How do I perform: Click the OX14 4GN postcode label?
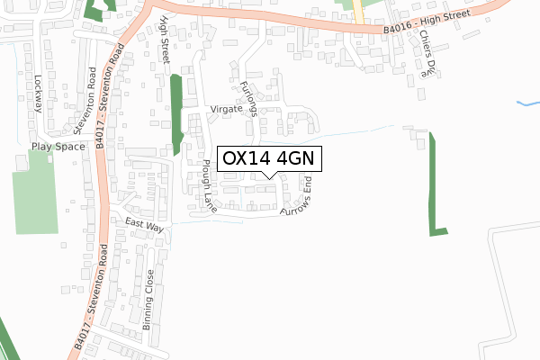(268, 157)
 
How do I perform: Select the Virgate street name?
(227, 108)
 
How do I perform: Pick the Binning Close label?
(148, 300)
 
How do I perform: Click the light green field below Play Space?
(35, 192)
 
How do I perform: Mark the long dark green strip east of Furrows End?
(436, 184)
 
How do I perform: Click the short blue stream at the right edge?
(528, 103)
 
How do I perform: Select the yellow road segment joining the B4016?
(357, 13)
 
